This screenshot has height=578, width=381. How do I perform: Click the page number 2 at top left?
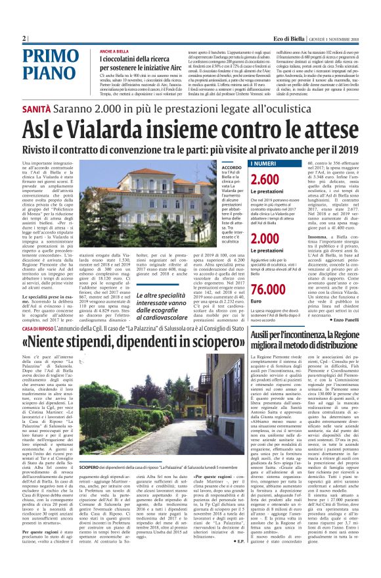click(24, 38)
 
